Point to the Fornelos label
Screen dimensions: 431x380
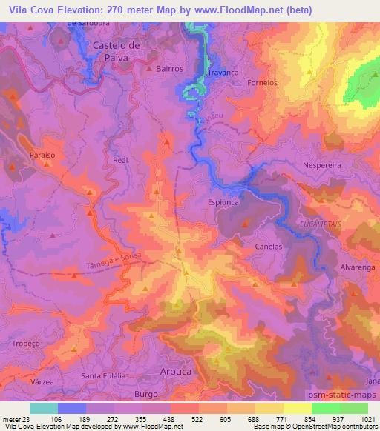[262, 83]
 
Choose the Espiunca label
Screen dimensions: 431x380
[221, 200]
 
